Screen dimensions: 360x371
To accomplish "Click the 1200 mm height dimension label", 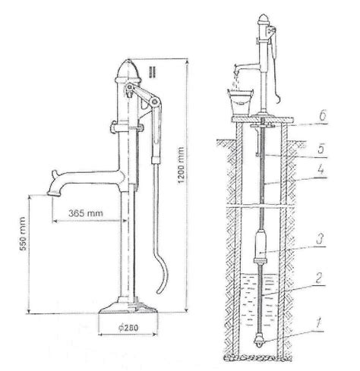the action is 181,165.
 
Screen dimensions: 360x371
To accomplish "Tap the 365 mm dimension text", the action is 86,213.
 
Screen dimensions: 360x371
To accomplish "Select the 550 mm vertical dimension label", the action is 23,234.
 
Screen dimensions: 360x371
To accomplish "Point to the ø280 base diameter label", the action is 128,328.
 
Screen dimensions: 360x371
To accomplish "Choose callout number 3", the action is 320,239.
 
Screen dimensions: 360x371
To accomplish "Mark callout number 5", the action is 321,149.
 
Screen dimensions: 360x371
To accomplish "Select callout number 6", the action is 322,115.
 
